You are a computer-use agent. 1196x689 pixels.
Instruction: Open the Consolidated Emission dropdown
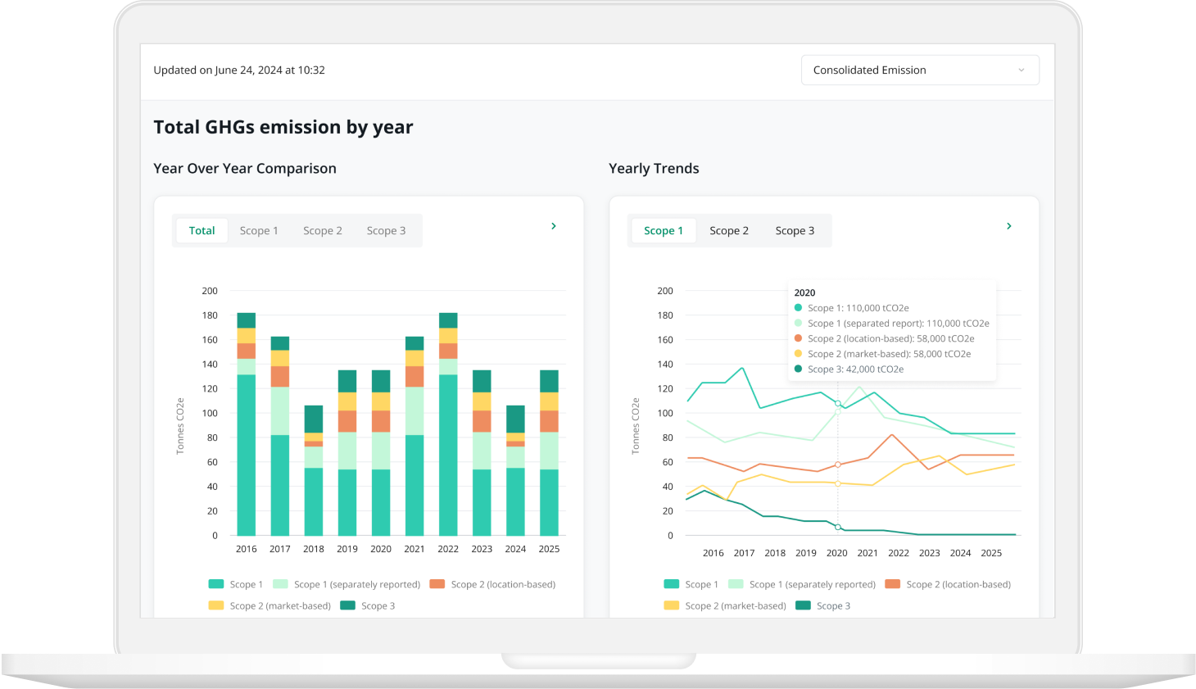click(x=920, y=70)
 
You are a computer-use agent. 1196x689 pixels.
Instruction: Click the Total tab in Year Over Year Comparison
click(x=202, y=231)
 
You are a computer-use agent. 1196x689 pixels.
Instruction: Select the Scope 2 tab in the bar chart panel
click(x=323, y=231)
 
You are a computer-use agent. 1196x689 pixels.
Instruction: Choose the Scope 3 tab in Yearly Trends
click(x=795, y=231)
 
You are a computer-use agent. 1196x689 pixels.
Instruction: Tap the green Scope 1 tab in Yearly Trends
click(x=664, y=231)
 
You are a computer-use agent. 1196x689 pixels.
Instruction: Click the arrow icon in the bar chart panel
click(x=554, y=226)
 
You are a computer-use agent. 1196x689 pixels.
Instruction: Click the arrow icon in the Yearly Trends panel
click(x=1009, y=226)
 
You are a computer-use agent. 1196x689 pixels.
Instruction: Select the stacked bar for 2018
click(x=314, y=470)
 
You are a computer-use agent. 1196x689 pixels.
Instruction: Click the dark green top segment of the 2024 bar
click(x=515, y=419)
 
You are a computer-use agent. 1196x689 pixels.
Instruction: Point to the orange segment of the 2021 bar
click(x=415, y=377)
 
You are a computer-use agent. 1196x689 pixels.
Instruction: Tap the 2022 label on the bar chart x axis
click(x=448, y=549)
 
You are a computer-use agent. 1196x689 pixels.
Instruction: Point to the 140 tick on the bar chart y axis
click(x=210, y=365)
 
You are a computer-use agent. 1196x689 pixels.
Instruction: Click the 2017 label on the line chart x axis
click(x=744, y=553)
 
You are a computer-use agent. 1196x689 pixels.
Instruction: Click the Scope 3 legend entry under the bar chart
click(x=368, y=605)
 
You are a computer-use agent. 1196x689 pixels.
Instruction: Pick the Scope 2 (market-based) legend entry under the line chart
click(x=725, y=605)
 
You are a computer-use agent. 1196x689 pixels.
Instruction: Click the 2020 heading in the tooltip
click(x=804, y=292)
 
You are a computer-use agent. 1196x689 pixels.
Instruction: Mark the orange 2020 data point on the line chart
click(x=838, y=465)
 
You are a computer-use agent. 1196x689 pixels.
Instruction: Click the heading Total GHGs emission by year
click(x=283, y=127)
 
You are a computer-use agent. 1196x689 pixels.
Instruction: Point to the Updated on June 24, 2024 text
click(x=239, y=70)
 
